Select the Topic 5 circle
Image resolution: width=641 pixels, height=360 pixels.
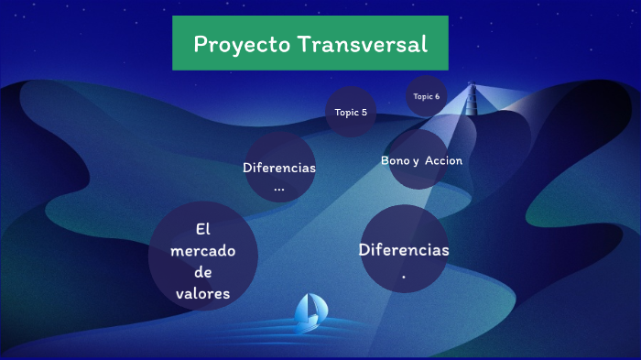tap(351, 113)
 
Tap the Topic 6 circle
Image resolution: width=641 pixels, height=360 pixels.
tap(426, 96)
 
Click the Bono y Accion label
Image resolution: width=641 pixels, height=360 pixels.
tap(421, 160)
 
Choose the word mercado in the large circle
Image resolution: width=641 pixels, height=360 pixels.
tap(202, 250)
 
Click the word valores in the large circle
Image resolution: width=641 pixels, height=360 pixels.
tap(202, 293)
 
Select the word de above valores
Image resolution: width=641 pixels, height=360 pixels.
tap(202, 272)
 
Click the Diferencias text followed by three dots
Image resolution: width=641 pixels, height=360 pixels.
tap(279, 168)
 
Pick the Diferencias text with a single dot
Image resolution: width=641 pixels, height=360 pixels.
tap(404, 249)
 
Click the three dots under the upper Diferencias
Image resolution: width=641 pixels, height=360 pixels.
tap(279, 189)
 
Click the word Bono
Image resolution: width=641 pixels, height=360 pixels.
tap(396, 160)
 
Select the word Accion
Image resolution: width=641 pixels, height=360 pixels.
tap(443, 160)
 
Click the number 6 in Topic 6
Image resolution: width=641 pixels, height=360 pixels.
tap(437, 96)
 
